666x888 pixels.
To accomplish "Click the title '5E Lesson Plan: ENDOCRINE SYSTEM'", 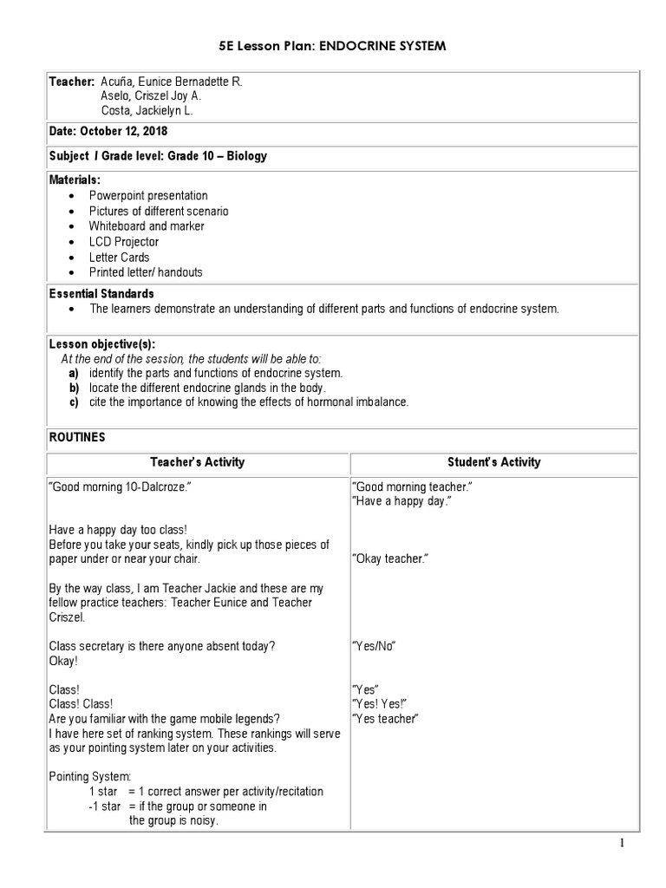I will pos(333,45).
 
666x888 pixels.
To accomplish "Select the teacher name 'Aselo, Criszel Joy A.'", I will pos(151,96).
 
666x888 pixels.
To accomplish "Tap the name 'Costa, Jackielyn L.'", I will pos(146,111).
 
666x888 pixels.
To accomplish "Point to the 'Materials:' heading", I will pos(75,180).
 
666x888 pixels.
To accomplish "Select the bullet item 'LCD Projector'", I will pos(123,242).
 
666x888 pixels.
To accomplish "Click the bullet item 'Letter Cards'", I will pos(119,257).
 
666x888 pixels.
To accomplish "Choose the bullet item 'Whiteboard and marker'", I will pos(147,226).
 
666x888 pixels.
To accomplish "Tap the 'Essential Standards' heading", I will pos(101,294).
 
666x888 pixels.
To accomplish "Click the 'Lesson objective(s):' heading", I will pos(101,344).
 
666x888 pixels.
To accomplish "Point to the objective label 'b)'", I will pos(74,388).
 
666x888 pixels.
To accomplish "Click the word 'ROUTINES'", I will pos(76,437).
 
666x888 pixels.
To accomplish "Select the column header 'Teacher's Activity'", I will pos(197,462).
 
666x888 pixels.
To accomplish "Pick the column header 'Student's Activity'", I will pos(493,462).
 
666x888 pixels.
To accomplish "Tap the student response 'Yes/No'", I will pos(375,646).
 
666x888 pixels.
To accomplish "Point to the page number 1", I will pos(622,843).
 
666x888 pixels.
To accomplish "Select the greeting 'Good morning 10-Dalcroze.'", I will pos(120,487).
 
